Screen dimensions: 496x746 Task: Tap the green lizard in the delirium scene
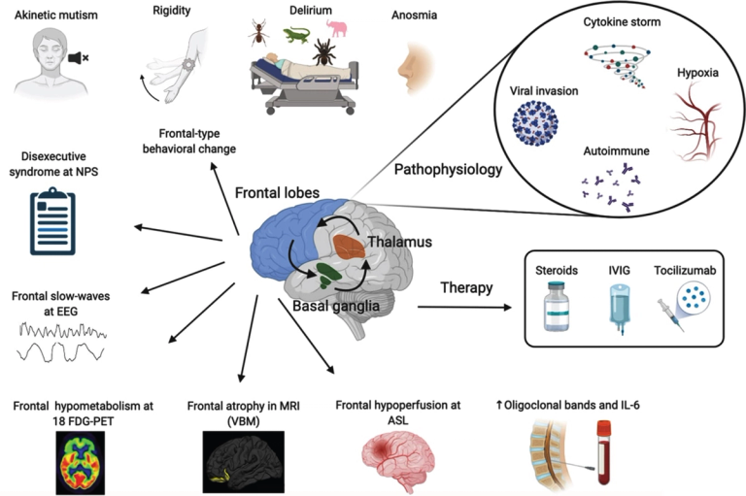(295, 36)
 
